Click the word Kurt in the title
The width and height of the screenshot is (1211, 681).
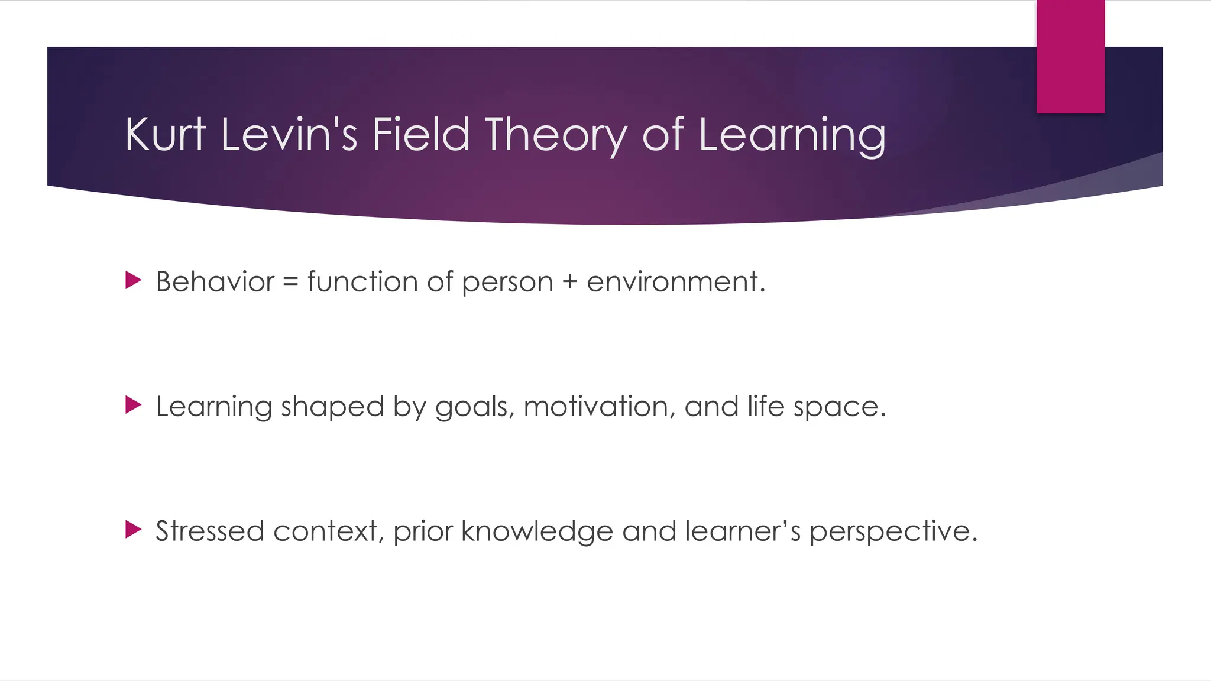coord(165,134)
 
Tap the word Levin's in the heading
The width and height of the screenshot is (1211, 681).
coord(289,134)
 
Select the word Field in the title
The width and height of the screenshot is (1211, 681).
coord(420,134)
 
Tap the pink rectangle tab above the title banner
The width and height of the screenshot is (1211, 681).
coord(1070,57)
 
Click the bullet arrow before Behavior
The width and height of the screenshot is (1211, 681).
coord(134,280)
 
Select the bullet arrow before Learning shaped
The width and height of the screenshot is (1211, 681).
coord(134,406)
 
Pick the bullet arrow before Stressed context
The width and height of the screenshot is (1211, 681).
coord(134,530)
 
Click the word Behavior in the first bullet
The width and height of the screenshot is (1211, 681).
coord(215,281)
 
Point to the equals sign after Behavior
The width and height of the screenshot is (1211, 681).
coord(290,281)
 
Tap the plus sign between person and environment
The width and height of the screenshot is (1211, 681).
coord(569,281)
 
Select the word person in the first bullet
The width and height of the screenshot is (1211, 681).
coord(507,283)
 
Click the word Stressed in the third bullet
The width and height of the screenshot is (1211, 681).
coord(209,531)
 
